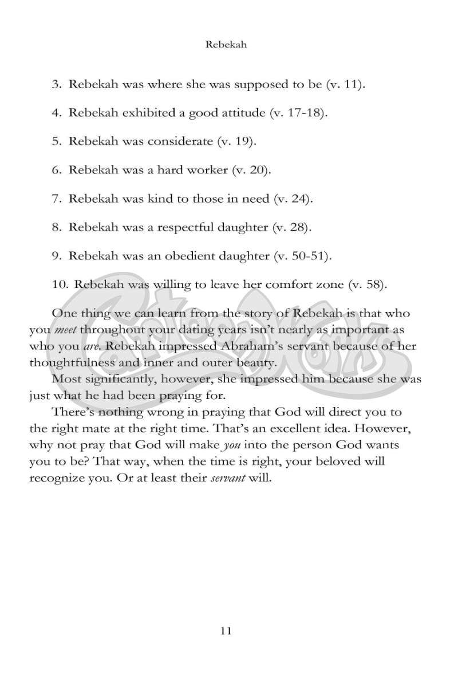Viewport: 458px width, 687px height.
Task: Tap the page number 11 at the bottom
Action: click(x=225, y=631)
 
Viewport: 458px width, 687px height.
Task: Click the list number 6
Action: click(x=56, y=170)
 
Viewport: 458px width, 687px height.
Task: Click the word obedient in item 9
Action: click(x=196, y=255)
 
